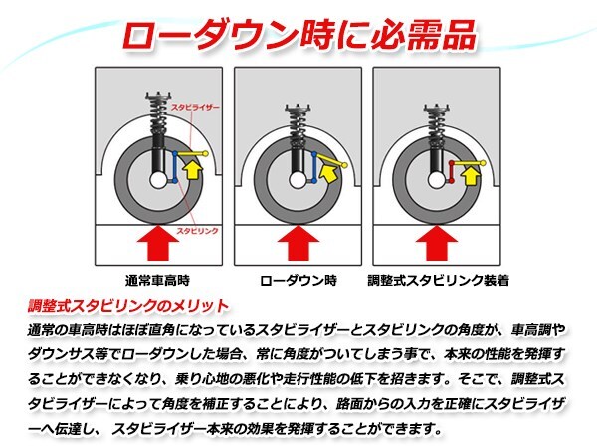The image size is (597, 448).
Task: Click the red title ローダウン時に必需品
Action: [x=298, y=35]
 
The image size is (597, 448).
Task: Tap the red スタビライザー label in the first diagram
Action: [x=195, y=108]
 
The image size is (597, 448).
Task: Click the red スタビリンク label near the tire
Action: [x=197, y=231]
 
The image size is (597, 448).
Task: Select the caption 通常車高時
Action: [x=157, y=281]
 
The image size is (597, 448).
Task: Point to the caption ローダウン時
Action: [x=298, y=281]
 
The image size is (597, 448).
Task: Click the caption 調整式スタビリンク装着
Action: [x=438, y=281]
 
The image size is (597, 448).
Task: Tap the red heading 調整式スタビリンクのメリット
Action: [x=128, y=306]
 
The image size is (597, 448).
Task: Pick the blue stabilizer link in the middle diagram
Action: [x=314, y=167]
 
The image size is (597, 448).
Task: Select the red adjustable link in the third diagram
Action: [x=451, y=172]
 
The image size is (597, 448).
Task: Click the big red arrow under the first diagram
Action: [x=157, y=243]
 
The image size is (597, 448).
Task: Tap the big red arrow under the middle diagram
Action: [x=298, y=243]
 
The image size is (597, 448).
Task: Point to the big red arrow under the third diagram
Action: [x=437, y=243]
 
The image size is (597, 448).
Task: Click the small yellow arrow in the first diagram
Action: [x=193, y=170]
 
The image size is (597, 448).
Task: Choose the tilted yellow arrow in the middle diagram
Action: [x=328, y=171]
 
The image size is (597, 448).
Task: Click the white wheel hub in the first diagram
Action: [x=157, y=180]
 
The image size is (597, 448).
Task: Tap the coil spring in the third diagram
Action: [x=437, y=121]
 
